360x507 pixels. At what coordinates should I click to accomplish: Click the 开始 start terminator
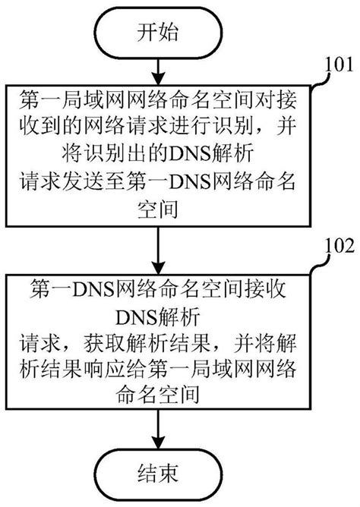click(x=157, y=31)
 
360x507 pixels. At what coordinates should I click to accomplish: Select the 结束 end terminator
click(x=157, y=476)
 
